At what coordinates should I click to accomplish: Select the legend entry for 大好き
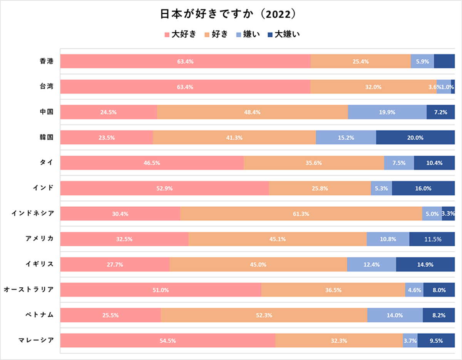pyautogui.click(x=181, y=34)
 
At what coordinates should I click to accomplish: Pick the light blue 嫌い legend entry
pyautogui.click(x=248, y=34)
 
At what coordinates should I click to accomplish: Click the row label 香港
pyautogui.click(x=46, y=61)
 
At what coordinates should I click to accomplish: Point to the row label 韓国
pyautogui.click(x=46, y=137)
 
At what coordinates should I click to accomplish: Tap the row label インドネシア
pyautogui.click(x=33, y=213)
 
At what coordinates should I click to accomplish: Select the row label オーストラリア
pyautogui.click(x=28, y=290)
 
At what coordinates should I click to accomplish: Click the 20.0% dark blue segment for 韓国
pyautogui.click(x=415, y=137)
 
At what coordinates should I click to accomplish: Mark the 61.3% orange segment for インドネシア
pyautogui.click(x=301, y=213)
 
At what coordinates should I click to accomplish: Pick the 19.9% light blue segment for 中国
pyautogui.click(x=387, y=112)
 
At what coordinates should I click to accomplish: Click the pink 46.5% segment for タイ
pyautogui.click(x=152, y=163)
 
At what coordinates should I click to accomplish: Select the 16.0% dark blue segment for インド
pyautogui.click(x=423, y=188)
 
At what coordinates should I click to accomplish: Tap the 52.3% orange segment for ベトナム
pyautogui.click(x=264, y=315)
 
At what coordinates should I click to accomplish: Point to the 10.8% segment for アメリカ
pyautogui.click(x=388, y=239)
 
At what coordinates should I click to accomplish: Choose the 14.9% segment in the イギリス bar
pyautogui.click(x=425, y=264)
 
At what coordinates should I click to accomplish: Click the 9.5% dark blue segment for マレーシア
pyautogui.click(x=436, y=340)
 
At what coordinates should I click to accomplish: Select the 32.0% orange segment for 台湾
pyautogui.click(x=373, y=87)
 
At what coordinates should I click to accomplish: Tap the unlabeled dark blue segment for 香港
pyautogui.click(x=444, y=61)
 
